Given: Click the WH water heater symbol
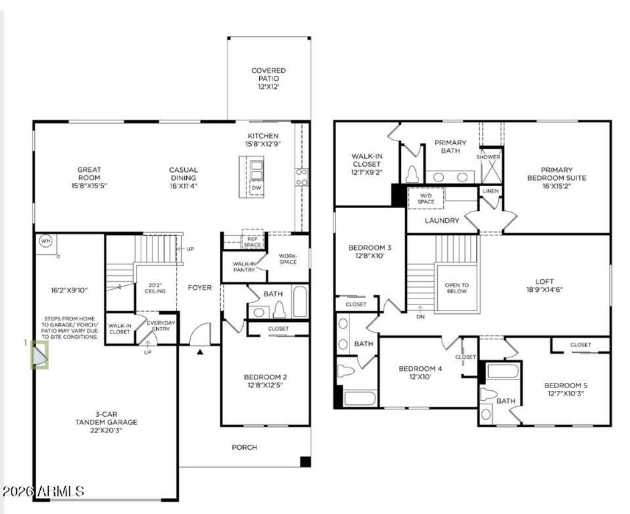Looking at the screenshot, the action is pos(46,241).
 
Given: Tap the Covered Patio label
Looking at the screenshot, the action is pos(268,78).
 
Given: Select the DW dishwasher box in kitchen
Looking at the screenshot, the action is pos(256,188).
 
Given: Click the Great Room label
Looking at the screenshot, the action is pos(89,177).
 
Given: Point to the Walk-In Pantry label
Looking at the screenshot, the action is pos(244,266).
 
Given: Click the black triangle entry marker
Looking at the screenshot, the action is pos(200,352).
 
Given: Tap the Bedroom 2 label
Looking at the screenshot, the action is pos(266,381).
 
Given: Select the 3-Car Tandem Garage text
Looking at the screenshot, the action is pos(106,422).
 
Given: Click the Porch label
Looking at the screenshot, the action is pos(244,447).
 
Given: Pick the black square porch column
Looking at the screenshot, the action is pos(305,462).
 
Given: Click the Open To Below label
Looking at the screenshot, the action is pos(457,288).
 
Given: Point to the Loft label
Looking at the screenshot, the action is pos(544,285).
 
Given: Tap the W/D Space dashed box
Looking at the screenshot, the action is pos(426,198).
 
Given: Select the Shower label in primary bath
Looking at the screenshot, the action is pos(488,157).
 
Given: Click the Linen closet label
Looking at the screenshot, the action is pos(491,191).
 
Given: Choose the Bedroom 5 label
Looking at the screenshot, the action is pos(566,390).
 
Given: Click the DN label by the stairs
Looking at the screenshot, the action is pos(420,317).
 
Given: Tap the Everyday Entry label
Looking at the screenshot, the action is pos(161,326).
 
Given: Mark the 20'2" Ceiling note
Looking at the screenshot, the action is pos(155,288).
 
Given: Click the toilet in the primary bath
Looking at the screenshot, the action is pos(412,174).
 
